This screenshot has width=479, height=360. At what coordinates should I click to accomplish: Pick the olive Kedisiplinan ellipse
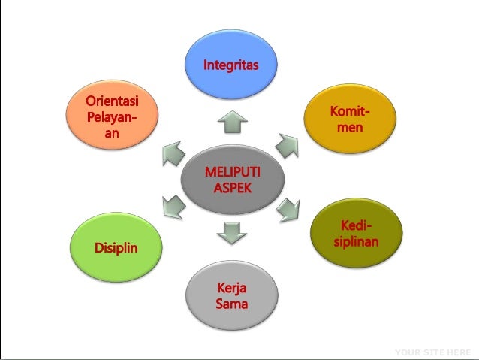click(x=356, y=234)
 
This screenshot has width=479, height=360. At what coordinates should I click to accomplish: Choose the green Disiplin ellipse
click(x=116, y=247)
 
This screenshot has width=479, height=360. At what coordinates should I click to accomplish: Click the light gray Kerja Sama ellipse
click(x=231, y=296)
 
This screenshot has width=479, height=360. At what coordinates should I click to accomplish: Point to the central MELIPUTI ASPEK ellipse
click(x=232, y=180)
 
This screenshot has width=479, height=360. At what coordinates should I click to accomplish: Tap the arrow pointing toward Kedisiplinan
click(x=288, y=210)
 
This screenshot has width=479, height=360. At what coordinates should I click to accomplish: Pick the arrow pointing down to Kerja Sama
click(x=231, y=233)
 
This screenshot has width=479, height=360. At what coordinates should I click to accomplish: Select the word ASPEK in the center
click(x=233, y=188)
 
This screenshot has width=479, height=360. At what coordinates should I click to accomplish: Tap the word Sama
click(x=232, y=304)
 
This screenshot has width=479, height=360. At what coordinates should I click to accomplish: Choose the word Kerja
click(x=232, y=289)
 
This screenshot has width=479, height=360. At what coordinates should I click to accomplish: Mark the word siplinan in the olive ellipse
click(x=356, y=242)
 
